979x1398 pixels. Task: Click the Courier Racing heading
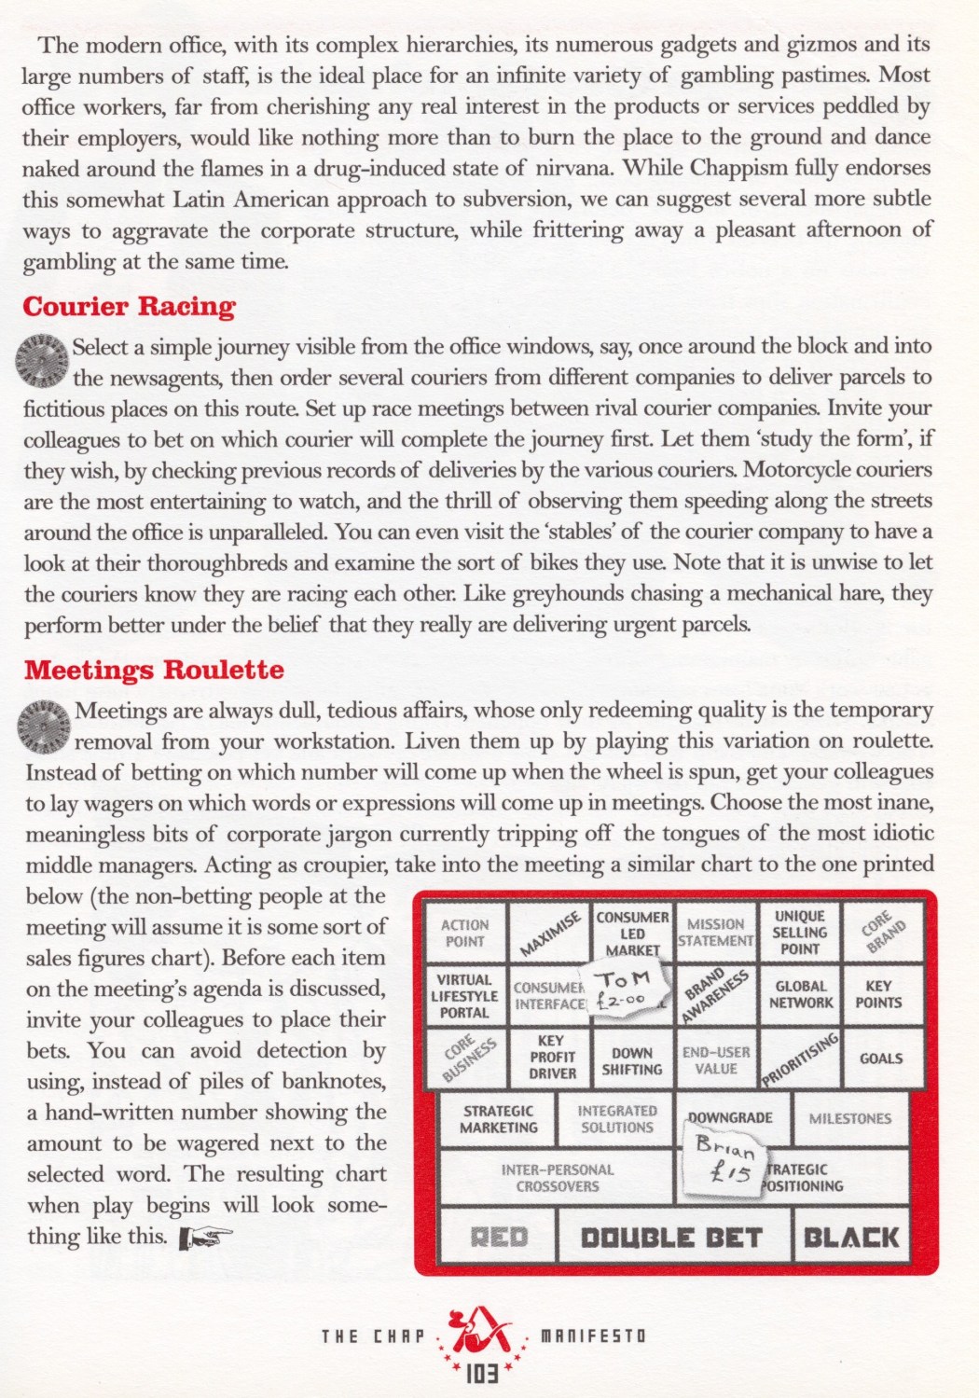[x=129, y=307]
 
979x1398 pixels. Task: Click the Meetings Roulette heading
[x=154, y=670]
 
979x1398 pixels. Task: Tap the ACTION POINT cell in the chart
[x=464, y=934]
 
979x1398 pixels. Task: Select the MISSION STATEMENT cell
[x=715, y=933]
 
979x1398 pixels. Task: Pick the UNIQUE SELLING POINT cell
[x=800, y=933]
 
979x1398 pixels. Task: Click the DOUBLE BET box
[x=672, y=1238]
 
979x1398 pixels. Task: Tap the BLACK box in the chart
[x=851, y=1238]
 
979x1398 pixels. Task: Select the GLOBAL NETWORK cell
[x=800, y=994]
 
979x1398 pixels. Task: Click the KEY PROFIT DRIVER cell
[x=553, y=1057]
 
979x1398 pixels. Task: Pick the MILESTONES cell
[x=849, y=1118]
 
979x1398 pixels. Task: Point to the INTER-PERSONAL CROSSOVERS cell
[x=557, y=1178]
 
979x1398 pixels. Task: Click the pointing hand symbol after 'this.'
[x=205, y=1238]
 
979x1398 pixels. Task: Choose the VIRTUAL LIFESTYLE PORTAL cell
[x=463, y=996]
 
